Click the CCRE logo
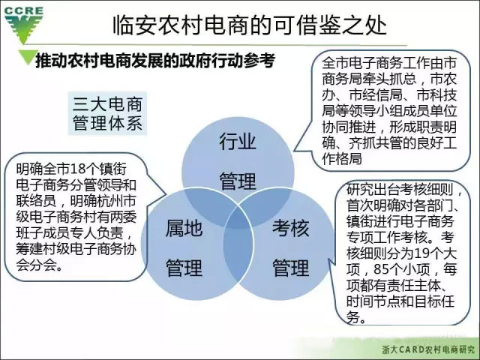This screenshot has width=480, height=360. tap(23, 25)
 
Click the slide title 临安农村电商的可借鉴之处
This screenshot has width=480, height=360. tap(250, 25)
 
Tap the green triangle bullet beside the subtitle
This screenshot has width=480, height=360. tap(28, 57)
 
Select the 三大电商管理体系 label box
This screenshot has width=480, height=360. tap(107, 113)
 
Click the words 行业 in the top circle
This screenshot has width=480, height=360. tap(238, 141)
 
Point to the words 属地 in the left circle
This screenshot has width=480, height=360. tap(184, 228)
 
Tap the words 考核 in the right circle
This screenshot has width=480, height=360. tap(290, 228)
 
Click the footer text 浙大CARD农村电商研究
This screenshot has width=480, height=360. tap(428, 349)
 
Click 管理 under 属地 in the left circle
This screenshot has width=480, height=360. tap(184, 268)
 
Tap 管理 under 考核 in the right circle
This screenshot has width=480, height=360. tap(290, 268)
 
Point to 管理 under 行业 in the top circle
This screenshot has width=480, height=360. tap(238, 181)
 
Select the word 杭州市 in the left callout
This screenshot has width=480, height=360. tap(116, 201)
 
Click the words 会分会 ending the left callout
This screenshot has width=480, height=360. tap(36, 265)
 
